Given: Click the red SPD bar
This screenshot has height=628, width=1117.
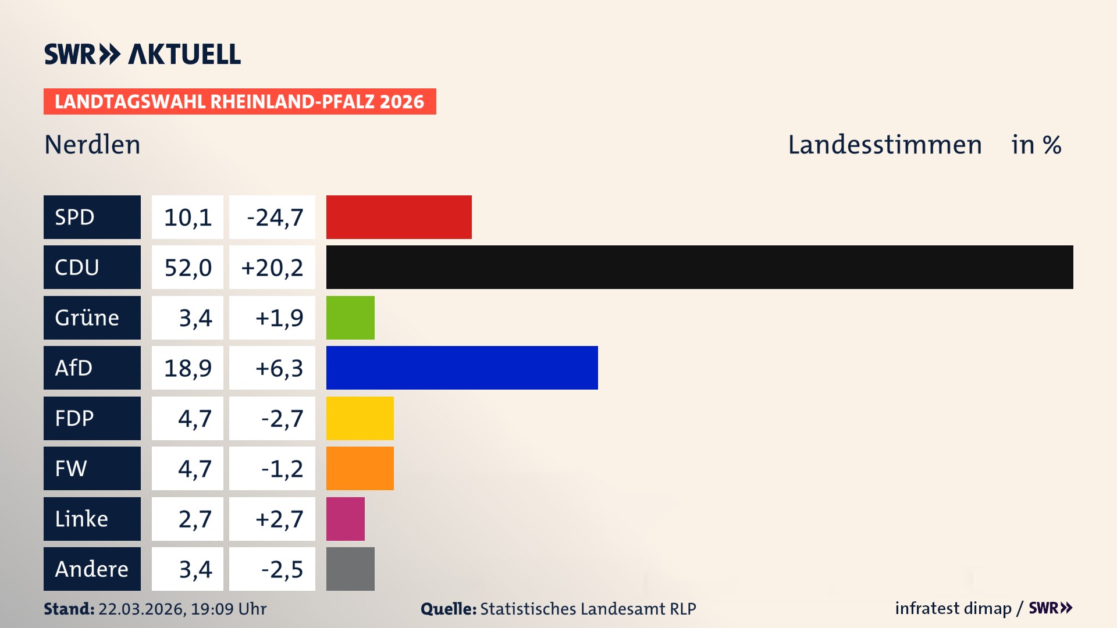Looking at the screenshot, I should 399,217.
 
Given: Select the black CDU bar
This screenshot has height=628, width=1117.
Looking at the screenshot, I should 699,267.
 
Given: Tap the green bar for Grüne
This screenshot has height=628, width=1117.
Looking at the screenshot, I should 350,317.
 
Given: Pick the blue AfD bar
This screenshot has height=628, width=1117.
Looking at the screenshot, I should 462,367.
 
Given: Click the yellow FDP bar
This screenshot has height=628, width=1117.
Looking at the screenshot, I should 360,418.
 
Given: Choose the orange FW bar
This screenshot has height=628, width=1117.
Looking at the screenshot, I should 360,468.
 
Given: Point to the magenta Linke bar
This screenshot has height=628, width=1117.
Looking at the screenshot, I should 345,519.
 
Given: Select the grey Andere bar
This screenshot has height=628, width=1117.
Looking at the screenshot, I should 350,569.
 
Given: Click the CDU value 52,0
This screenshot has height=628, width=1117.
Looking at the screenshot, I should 187,267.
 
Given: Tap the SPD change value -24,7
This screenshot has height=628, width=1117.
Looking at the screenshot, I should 274,217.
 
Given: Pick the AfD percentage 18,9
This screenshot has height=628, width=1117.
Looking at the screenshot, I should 187,368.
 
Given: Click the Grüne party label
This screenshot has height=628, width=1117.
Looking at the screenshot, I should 87,317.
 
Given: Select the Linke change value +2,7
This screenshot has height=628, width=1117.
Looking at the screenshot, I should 279,519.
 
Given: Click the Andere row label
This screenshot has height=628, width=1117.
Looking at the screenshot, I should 91,569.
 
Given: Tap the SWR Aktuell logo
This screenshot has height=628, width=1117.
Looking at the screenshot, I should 142,54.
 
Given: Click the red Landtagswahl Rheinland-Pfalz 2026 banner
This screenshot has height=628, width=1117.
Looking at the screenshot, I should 239,102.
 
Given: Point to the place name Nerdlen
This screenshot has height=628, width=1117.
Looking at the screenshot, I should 93,145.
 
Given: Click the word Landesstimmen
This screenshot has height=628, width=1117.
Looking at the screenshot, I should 884,145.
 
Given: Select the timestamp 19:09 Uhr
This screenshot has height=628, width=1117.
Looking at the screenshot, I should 229,609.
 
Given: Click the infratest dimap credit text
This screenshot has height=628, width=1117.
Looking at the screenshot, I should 953,608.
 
